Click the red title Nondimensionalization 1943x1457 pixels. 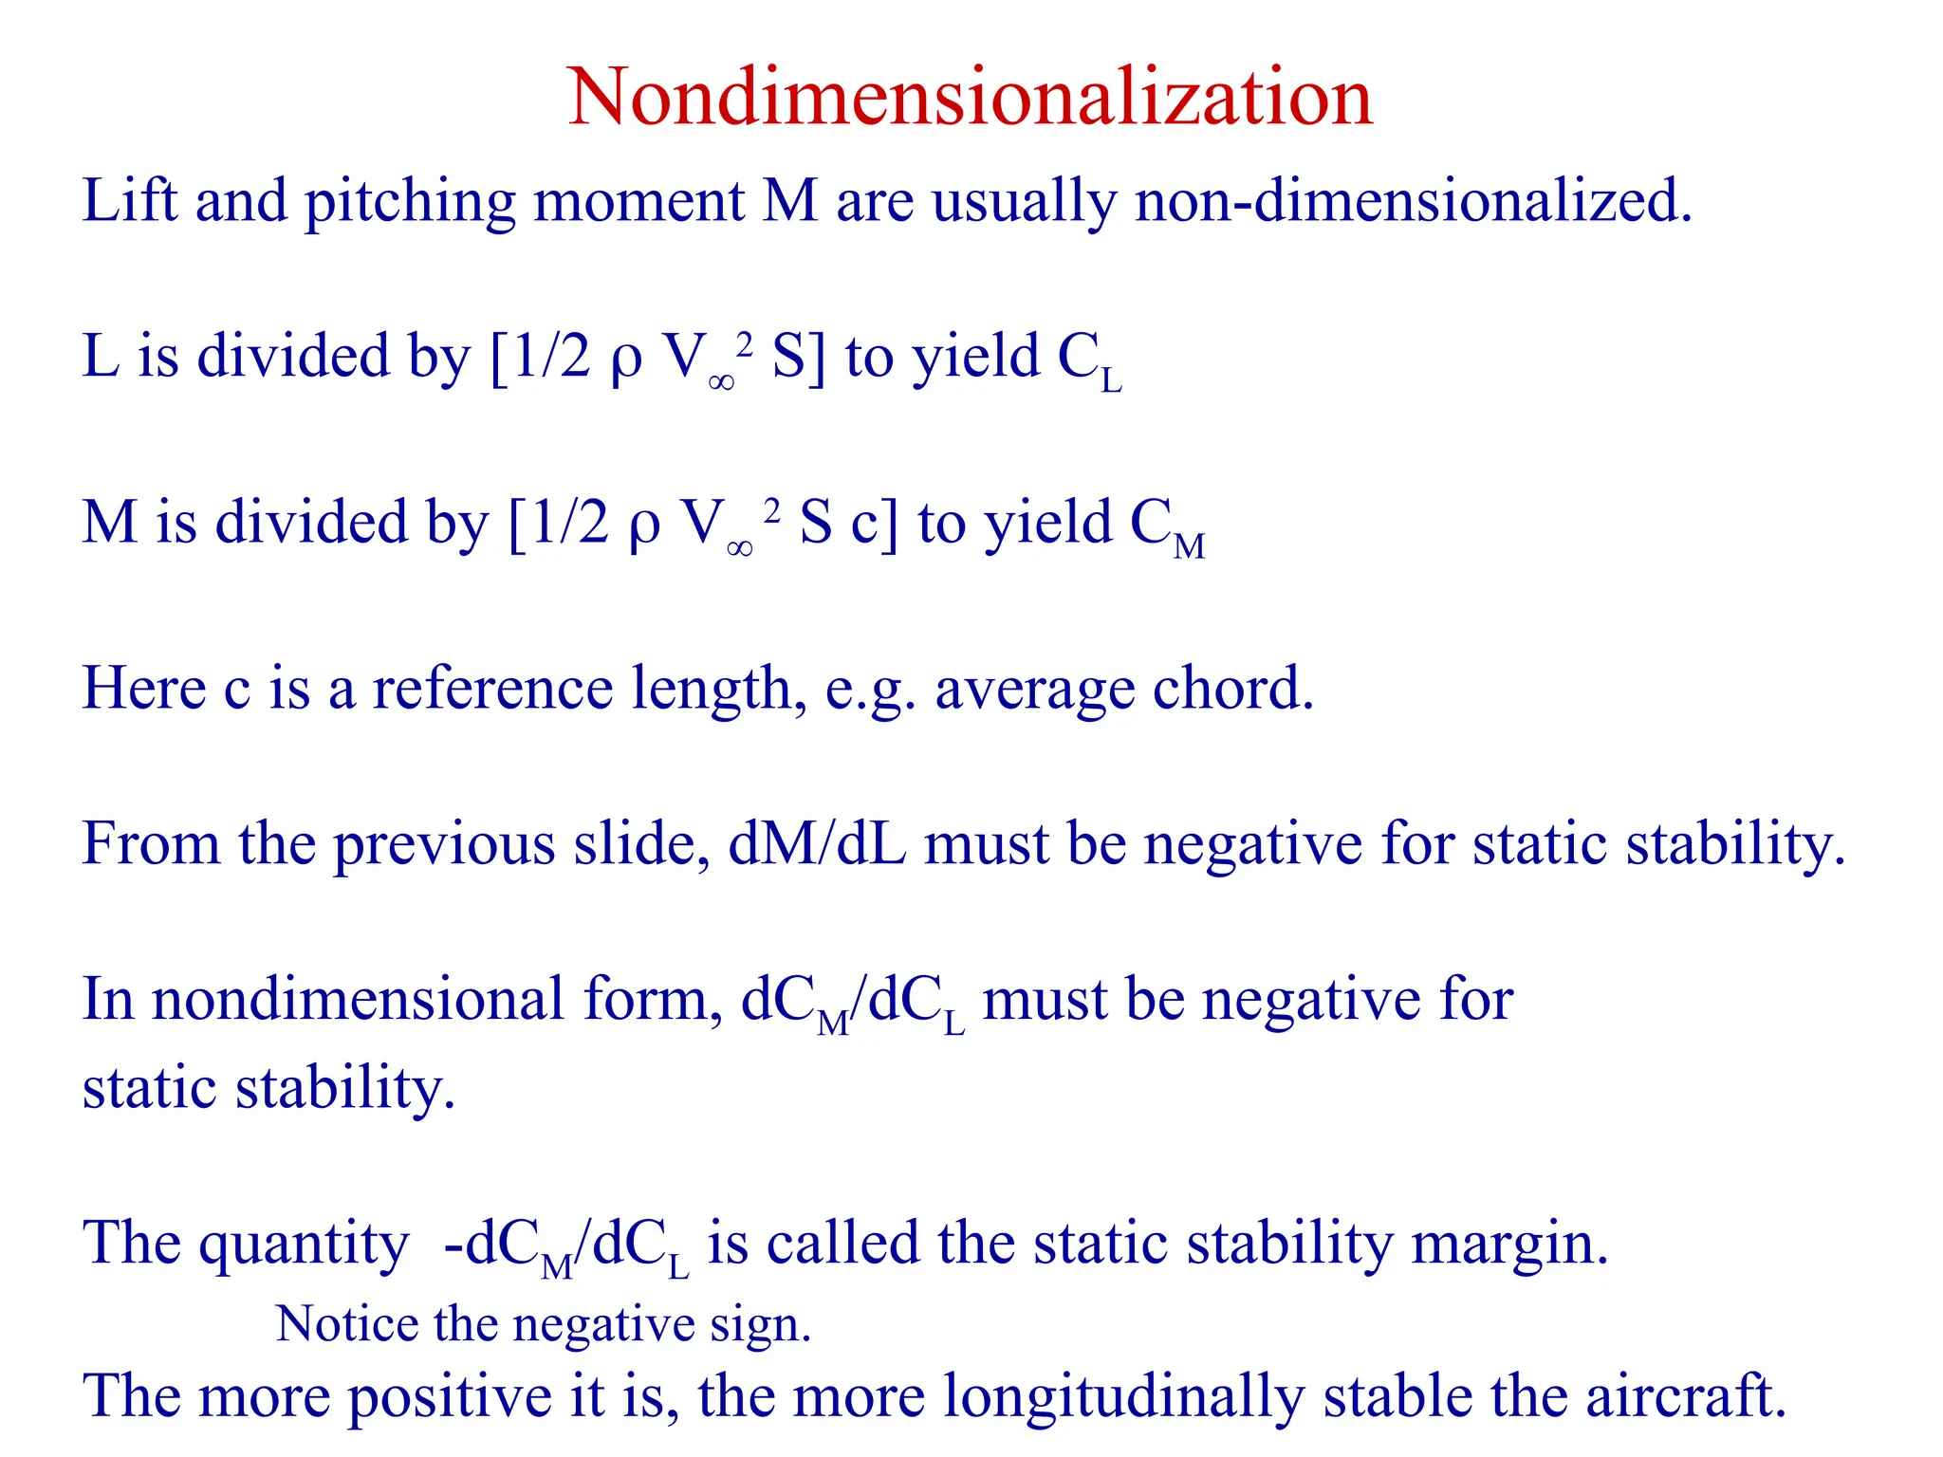tap(970, 97)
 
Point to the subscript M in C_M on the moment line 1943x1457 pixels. tap(1189, 547)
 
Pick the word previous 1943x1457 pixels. tap(445, 844)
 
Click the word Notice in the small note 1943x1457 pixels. tap(347, 1324)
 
